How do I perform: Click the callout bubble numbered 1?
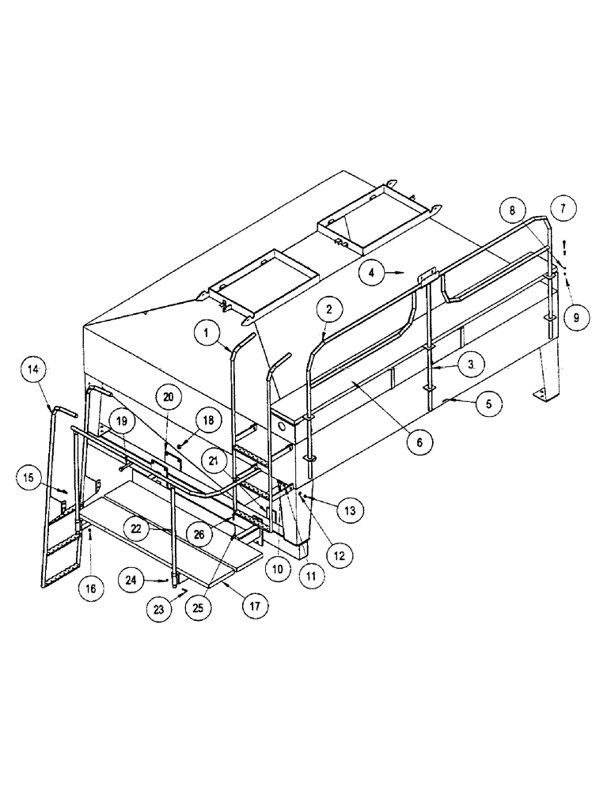click(207, 335)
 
